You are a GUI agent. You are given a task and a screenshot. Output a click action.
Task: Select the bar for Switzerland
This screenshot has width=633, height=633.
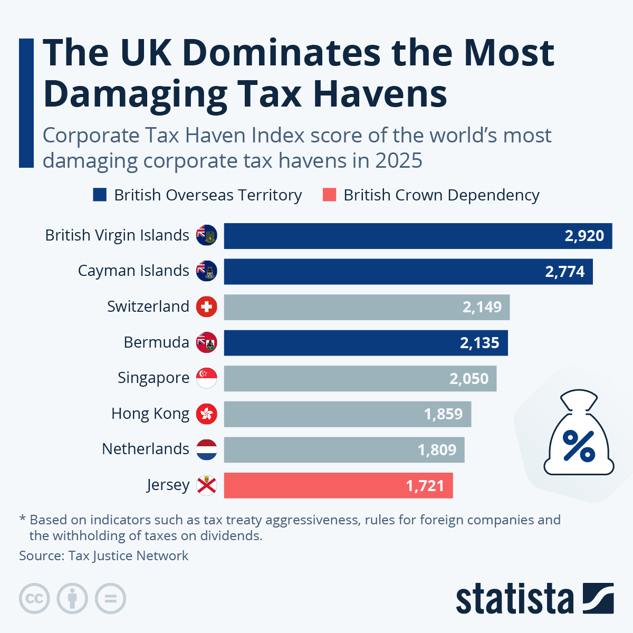[x=367, y=307]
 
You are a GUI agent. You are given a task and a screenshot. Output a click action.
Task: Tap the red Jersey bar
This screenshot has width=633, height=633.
[x=338, y=485]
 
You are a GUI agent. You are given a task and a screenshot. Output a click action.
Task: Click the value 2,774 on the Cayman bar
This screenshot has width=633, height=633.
[x=564, y=272]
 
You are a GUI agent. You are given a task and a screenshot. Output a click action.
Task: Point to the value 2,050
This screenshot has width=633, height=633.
[x=469, y=379]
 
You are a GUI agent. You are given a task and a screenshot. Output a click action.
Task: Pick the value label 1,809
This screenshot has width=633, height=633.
[x=437, y=450]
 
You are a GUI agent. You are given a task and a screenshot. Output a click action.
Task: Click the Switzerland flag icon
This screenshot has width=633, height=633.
[x=206, y=306]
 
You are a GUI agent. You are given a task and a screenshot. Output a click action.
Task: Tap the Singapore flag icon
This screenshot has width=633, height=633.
[x=206, y=378]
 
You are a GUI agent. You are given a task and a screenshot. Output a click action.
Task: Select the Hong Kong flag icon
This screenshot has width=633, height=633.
[x=206, y=414]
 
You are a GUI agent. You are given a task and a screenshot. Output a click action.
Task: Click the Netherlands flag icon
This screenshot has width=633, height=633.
[x=206, y=449]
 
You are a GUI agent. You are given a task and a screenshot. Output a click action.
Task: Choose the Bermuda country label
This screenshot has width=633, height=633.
[x=156, y=342]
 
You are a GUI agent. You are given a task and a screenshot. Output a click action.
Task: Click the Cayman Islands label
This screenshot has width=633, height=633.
[x=133, y=271]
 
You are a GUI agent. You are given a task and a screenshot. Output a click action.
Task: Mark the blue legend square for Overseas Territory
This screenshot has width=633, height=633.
[x=100, y=195]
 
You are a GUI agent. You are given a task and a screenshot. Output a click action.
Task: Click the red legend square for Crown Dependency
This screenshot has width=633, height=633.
[x=329, y=195]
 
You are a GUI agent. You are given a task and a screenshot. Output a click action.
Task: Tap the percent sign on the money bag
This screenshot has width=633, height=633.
[x=579, y=446]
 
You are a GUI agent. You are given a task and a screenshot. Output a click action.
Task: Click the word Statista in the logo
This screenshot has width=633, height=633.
[x=514, y=599]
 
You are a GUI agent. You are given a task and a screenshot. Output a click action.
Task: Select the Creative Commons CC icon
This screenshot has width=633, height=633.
[x=34, y=599]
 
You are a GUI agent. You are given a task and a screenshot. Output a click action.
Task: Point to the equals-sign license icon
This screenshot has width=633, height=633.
[x=111, y=599]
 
